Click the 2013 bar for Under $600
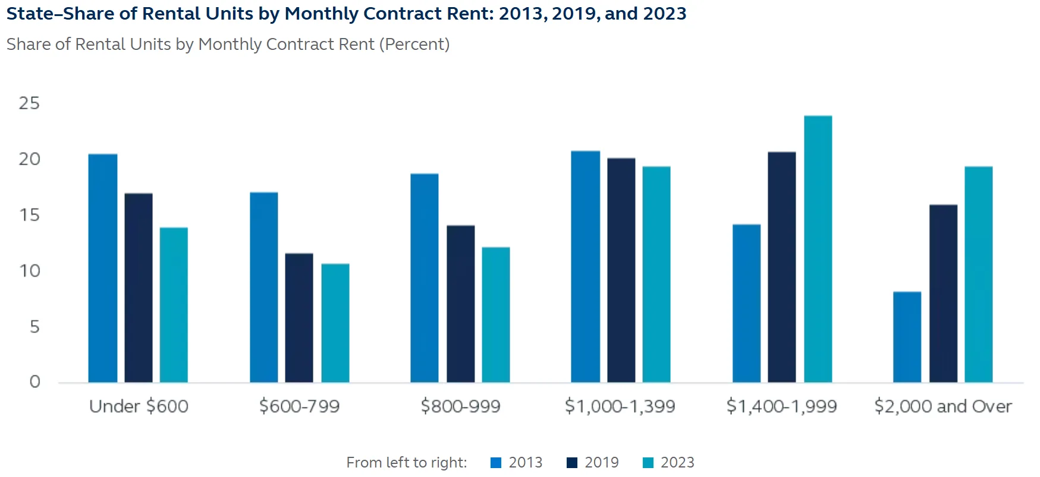click(x=103, y=268)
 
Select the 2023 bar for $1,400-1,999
click(x=818, y=249)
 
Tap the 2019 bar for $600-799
click(x=299, y=318)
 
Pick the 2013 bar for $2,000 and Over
click(x=907, y=337)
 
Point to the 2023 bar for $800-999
click(x=496, y=315)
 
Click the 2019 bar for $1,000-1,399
click(x=621, y=270)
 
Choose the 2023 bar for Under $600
click(x=174, y=305)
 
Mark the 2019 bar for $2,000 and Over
click(x=943, y=293)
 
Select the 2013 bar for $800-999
click(x=425, y=278)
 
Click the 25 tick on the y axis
click(x=29, y=103)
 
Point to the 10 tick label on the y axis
click(x=29, y=271)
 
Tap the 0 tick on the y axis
click(x=34, y=382)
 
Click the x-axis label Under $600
click(x=139, y=406)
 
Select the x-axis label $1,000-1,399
click(x=620, y=406)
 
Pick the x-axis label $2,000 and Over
click(x=943, y=406)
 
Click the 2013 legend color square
click(x=496, y=463)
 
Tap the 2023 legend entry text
click(x=677, y=463)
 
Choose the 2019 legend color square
click(x=572, y=463)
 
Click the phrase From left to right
click(x=407, y=463)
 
